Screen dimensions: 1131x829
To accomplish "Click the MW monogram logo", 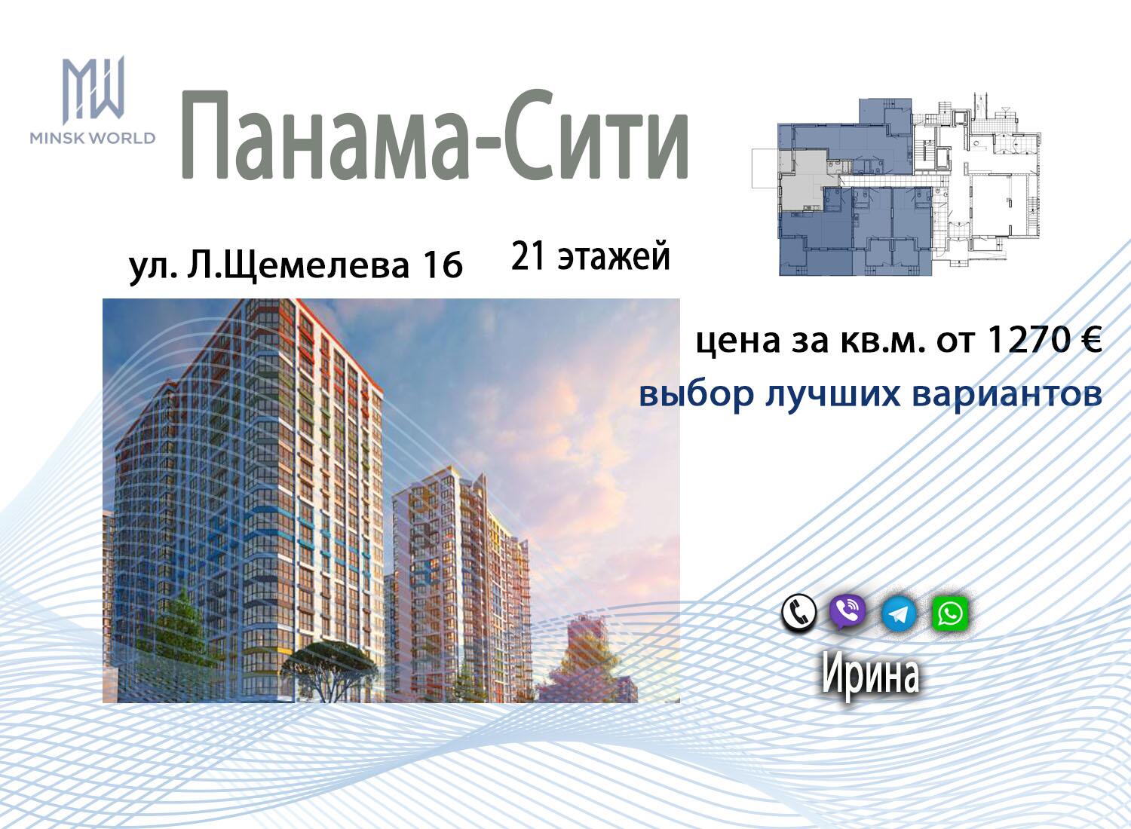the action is [93, 90].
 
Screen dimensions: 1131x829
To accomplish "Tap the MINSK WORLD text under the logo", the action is [93, 138].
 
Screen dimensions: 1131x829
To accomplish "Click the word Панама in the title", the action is [323, 135].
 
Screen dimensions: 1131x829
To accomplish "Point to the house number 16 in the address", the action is [443, 265].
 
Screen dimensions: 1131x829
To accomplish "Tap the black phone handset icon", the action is [798, 613].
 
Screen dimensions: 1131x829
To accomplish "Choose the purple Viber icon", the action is [847, 612].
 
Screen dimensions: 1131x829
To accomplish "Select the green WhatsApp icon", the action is [950, 613].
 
